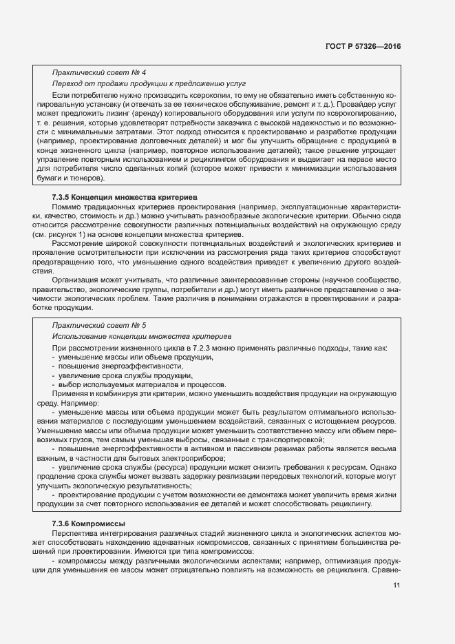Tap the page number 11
click(396, 585)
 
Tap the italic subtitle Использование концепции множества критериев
click(142, 335)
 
